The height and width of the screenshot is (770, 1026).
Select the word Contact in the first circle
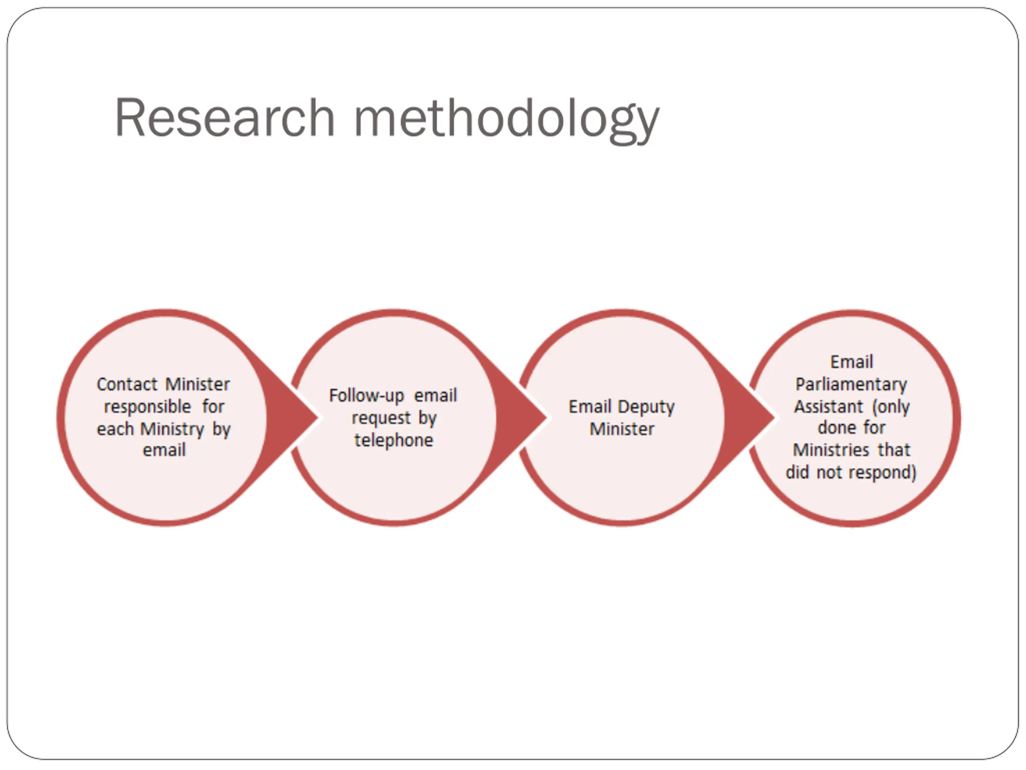[127, 384]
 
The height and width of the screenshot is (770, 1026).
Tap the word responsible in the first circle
[147, 407]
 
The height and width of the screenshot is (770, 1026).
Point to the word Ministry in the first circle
[172, 430]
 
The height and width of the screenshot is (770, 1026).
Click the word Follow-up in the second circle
[366, 396]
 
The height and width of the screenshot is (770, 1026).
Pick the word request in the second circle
[381, 418]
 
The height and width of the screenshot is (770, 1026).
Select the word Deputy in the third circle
[646, 407]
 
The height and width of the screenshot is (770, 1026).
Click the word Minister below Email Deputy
[622, 429]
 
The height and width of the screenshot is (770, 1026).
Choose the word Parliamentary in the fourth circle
[851, 384]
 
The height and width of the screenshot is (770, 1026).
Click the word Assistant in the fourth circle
[828, 407]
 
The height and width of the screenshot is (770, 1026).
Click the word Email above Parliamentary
[852, 362]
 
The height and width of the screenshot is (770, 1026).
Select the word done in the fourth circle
[832, 428]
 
